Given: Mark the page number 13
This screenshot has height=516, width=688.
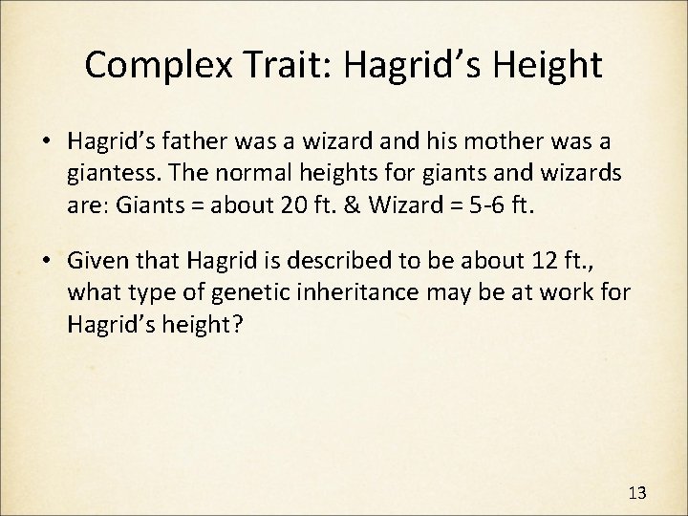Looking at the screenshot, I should [638, 492].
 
